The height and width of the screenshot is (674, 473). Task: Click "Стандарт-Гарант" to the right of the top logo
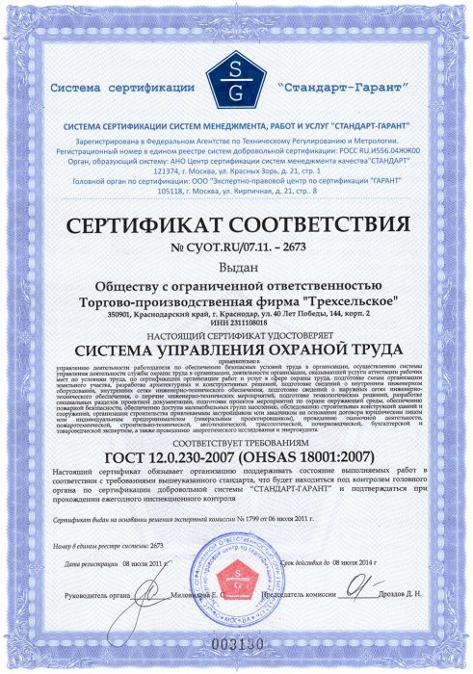(x=333, y=87)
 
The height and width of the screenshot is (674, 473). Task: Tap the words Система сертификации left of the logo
(x=126, y=87)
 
